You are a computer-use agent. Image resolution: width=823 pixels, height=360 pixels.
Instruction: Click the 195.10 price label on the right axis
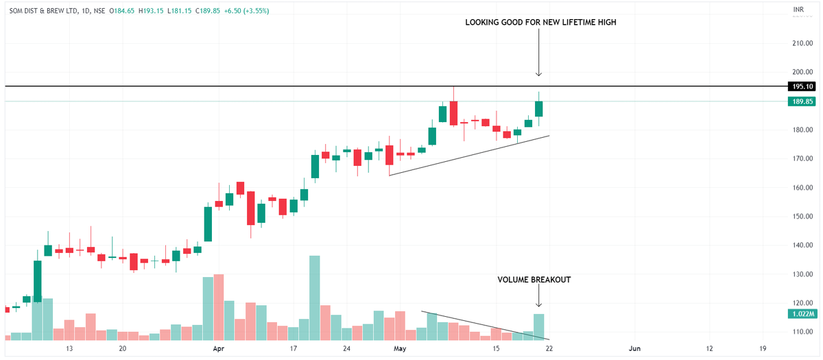802,86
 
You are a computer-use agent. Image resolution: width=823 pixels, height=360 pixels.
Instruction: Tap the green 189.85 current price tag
802,101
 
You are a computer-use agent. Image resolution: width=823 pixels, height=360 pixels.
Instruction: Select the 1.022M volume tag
802,313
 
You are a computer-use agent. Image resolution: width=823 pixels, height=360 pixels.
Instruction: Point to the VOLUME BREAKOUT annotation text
534,280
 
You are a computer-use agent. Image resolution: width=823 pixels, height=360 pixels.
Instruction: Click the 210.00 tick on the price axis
802,43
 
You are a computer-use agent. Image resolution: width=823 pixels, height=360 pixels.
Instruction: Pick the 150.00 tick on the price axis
802,217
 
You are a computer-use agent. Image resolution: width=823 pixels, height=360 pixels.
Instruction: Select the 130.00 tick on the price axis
802,274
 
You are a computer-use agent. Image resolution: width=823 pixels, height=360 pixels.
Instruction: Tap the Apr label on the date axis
219,349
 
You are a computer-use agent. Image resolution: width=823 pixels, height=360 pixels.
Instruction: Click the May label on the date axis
400,349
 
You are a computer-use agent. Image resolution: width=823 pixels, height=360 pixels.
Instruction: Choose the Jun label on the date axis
634,349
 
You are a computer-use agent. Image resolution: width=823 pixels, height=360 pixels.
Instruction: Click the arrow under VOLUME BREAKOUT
539,297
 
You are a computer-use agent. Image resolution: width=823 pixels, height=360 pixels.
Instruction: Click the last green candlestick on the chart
539,108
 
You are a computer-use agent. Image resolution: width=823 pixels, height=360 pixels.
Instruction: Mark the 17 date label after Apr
294,349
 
